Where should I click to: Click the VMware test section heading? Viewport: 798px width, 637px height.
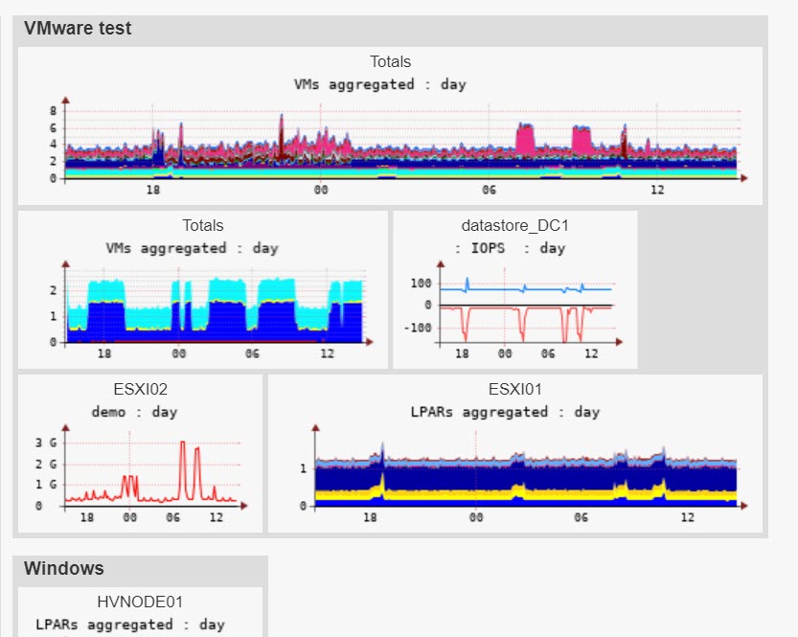[x=78, y=29]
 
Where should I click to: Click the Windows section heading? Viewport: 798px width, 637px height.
[x=63, y=568]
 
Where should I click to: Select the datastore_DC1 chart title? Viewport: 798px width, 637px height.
[x=514, y=226]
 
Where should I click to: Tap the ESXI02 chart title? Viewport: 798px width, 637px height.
[x=140, y=390]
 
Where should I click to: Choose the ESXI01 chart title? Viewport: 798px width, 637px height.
[x=514, y=390]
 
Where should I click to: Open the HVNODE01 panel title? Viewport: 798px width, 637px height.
[x=140, y=603]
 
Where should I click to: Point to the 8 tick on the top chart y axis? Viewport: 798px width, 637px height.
[x=54, y=111]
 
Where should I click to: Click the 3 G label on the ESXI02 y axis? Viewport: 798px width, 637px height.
[x=44, y=444]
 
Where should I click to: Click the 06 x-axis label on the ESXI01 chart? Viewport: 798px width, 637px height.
[x=581, y=517]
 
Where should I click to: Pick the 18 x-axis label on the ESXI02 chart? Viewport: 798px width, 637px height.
[x=86, y=517]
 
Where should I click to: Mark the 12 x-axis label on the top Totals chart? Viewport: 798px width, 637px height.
[x=657, y=191]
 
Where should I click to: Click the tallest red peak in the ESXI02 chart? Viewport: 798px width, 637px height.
[x=182, y=443]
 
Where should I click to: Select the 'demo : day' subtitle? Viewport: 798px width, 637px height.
[x=134, y=412]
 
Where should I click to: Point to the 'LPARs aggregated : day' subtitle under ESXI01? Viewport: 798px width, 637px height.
[x=505, y=412]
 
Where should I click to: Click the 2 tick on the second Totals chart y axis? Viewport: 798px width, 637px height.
[x=54, y=290]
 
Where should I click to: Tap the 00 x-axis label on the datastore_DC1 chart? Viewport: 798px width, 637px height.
[x=504, y=353]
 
